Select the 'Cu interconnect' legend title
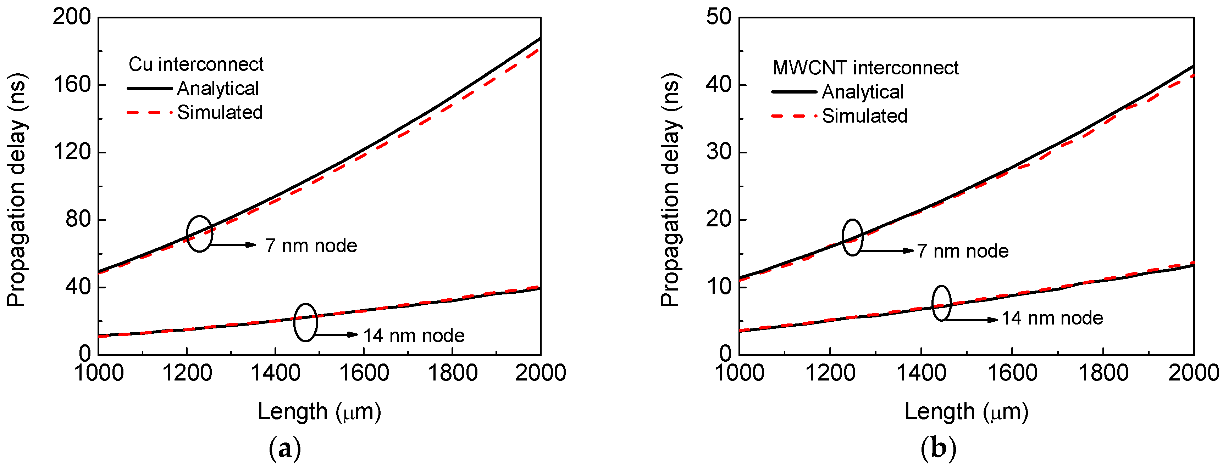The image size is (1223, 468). pyautogui.click(x=195, y=64)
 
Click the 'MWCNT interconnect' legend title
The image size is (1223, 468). pyautogui.click(x=865, y=68)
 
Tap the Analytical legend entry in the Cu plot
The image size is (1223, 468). pyautogui.click(x=217, y=89)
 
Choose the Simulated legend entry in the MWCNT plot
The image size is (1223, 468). pyautogui.click(x=864, y=116)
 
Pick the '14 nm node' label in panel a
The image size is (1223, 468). pyautogui.click(x=414, y=336)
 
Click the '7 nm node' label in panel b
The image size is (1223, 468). pyautogui.click(x=962, y=251)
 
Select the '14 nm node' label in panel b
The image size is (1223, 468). pyautogui.click(x=1052, y=318)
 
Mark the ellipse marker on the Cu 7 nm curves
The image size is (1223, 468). pyautogui.click(x=199, y=234)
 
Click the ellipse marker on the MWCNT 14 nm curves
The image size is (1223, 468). pyautogui.click(x=941, y=304)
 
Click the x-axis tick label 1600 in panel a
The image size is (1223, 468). pyautogui.click(x=364, y=373)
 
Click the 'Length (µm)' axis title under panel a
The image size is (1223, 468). pyautogui.click(x=319, y=412)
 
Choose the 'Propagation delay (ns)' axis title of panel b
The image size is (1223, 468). pyautogui.click(x=670, y=190)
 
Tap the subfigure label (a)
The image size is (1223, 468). pyautogui.click(x=285, y=447)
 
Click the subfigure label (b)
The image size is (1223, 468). pyautogui.click(x=938, y=447)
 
